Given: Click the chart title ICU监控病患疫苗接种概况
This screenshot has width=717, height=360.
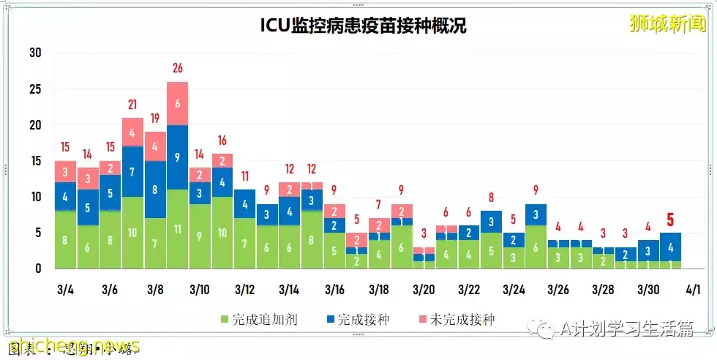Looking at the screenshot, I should click(364, 26).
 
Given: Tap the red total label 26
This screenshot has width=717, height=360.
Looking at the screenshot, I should click(177, 69).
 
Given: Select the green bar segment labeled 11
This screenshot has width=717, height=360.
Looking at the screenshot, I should click(177, 228).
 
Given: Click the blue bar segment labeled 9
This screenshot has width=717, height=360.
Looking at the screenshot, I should click(177, 157).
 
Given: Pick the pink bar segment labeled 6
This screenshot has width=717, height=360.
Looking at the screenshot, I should click(177, 103).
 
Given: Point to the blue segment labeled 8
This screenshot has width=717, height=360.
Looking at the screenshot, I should click(155, 189).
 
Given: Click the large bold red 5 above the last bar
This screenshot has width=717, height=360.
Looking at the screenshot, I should click(670, 220).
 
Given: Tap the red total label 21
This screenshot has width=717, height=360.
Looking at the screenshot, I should click(132, 105).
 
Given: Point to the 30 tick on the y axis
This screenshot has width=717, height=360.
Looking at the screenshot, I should click(35, 53).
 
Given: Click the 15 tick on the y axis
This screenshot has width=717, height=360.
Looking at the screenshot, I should click(35, 161).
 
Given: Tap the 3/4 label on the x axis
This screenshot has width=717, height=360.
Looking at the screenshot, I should click(65, 290).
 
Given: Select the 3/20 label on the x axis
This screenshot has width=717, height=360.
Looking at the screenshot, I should click(424, 290).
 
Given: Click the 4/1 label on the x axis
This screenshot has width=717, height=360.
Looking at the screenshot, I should click(693, 290).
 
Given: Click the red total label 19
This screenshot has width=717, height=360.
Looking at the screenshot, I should click(155, 119).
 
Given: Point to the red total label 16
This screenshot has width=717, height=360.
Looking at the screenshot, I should click(222, 140).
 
